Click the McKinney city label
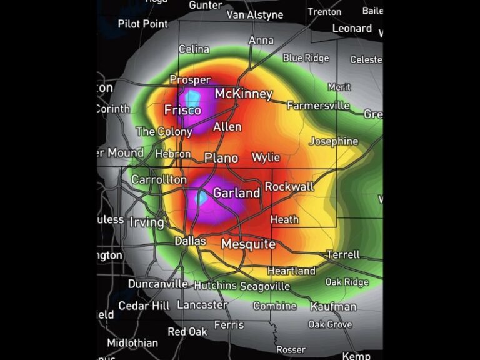[244, 94]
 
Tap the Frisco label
[182, 111]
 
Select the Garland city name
[236, 193]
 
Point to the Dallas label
[190, 241]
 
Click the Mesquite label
[248, 244]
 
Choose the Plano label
[221, 157]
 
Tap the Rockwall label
[289, 186]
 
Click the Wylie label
[266, 157]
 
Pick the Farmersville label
[318, 106]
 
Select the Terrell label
[343, 254]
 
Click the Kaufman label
[333, 306]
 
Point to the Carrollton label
[159, 179]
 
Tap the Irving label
[147, 222]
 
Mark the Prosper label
[190, 80]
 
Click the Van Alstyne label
[254, 14]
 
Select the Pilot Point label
[143, 24]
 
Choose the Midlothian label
[132, 342]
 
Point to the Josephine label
[334, 141]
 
